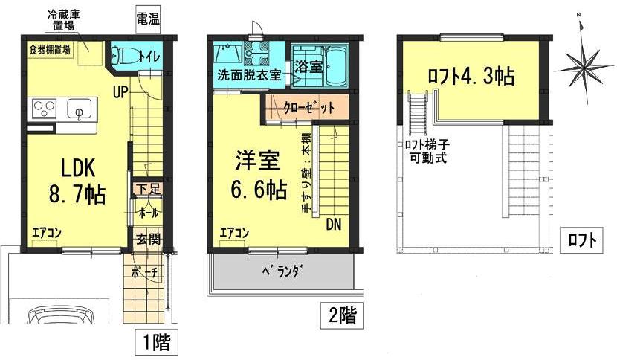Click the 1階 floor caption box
pos(157,343)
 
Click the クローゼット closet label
pos(308,107)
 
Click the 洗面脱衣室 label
pos(249,75)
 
